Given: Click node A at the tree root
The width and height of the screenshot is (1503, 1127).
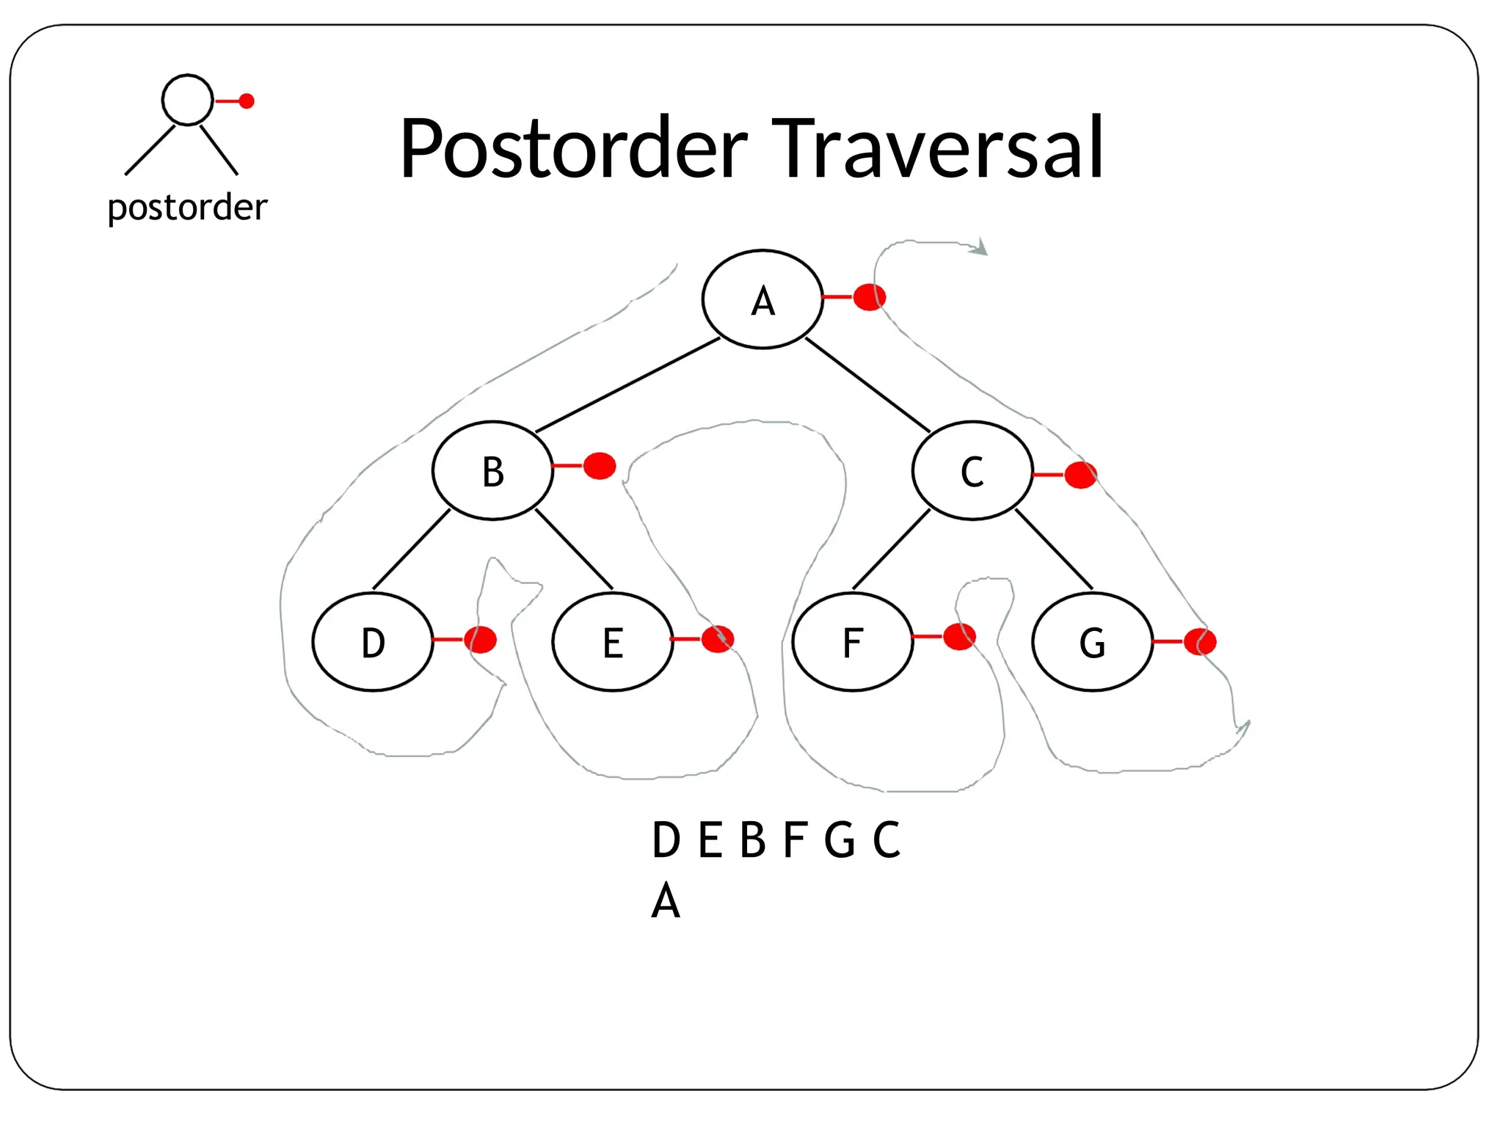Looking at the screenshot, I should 763,299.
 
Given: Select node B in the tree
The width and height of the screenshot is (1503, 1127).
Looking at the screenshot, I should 492,470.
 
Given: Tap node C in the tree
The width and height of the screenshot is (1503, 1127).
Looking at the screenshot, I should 972,470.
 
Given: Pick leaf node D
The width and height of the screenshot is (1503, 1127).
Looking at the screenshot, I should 373,642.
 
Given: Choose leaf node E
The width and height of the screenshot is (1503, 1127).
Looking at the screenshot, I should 613,642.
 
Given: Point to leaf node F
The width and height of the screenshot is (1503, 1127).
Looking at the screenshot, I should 853,642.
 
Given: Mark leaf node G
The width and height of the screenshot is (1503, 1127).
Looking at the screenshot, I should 1092,642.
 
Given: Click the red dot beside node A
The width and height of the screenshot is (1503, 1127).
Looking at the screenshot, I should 870,297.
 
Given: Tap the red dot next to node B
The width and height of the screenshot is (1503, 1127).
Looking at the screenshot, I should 600,466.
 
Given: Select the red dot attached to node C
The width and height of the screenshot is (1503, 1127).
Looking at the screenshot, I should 1080,475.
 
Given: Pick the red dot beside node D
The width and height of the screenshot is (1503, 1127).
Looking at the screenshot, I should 481,639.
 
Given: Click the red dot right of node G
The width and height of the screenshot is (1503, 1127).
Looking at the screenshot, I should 1201,641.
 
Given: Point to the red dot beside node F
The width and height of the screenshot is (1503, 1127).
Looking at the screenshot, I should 959,637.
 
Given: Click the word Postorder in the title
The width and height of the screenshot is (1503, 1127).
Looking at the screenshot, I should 573,149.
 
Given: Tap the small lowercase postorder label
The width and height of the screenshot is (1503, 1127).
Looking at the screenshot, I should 187,208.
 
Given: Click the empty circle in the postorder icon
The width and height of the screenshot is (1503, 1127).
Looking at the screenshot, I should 187,100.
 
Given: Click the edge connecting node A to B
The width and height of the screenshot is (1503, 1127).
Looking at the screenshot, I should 627,384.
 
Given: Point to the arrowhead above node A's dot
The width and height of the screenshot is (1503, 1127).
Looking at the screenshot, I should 980,249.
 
